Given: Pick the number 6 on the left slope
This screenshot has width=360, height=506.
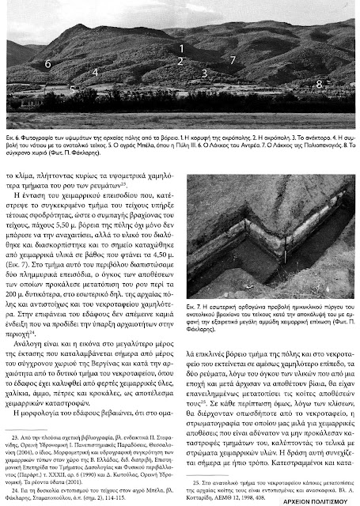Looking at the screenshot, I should (48, 61).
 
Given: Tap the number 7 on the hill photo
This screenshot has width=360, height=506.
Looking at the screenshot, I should (232, 59).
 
